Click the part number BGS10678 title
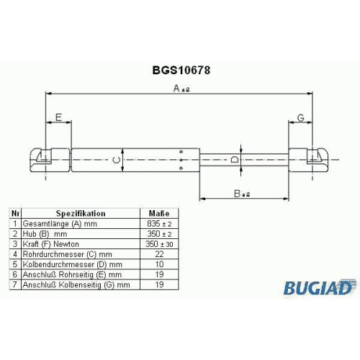click(x=181, y=71)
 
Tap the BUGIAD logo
click(x=319, y=287)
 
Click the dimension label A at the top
click(x=181, y=89)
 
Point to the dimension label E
click(x=58, y=117)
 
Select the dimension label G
click(x=301, y=118)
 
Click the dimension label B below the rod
click(x=242, y=194)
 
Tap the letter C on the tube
click(x=117, y=160)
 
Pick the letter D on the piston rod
click(x=234, y=160)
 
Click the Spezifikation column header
click(x=81, y=213)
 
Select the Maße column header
click(x=159, y=213)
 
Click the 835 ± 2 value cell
click(x=159, y=224)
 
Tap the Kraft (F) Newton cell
click(x=81, y=244)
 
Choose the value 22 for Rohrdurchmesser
click(x=159, y=254)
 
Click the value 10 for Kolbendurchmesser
click(x=159, y=264)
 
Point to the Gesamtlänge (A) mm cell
click(x=81, y=224)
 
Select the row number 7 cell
click(x=15, y=284)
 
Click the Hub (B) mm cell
click(x=81, y=234)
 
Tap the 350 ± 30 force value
click(x=159, y=244)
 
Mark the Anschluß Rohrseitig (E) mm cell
click(x=81, y=274)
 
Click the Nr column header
click(x=15, y=213)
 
